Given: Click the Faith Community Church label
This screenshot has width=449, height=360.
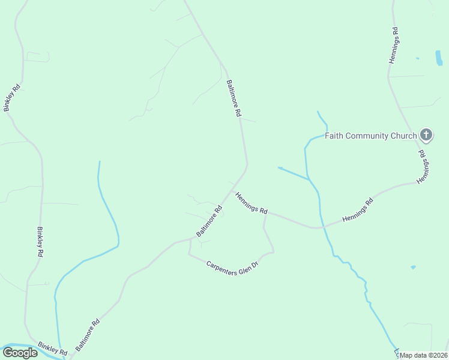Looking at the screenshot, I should [x=370, y=136].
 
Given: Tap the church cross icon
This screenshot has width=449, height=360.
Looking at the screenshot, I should [x=426, y=134].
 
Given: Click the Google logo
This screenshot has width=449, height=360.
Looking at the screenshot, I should [x=20, y=353].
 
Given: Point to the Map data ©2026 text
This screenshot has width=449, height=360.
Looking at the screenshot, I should [x=424, y=355].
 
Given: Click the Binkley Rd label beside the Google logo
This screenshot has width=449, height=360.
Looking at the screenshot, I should [x=51, y=347].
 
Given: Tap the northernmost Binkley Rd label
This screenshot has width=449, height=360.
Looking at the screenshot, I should [x=12, y=98].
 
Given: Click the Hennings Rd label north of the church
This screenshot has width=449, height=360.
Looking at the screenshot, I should [x=394, y=45].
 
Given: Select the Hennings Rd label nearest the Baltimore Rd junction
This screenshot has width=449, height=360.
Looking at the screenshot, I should [x=251, y=203].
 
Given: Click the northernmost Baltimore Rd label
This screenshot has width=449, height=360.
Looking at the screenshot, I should [x=234, y=98].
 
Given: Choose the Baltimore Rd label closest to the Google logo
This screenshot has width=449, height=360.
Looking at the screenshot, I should [x=87, y=335].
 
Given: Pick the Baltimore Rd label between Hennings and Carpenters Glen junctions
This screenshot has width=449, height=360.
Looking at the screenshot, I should [x=209, y=221].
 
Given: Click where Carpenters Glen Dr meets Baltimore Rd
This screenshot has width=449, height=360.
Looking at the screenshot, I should [x=190, y=239].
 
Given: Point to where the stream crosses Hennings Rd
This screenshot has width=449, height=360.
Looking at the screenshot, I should [x=321, y=227].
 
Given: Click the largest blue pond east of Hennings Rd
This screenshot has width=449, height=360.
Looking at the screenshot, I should [x=438, y=58].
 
